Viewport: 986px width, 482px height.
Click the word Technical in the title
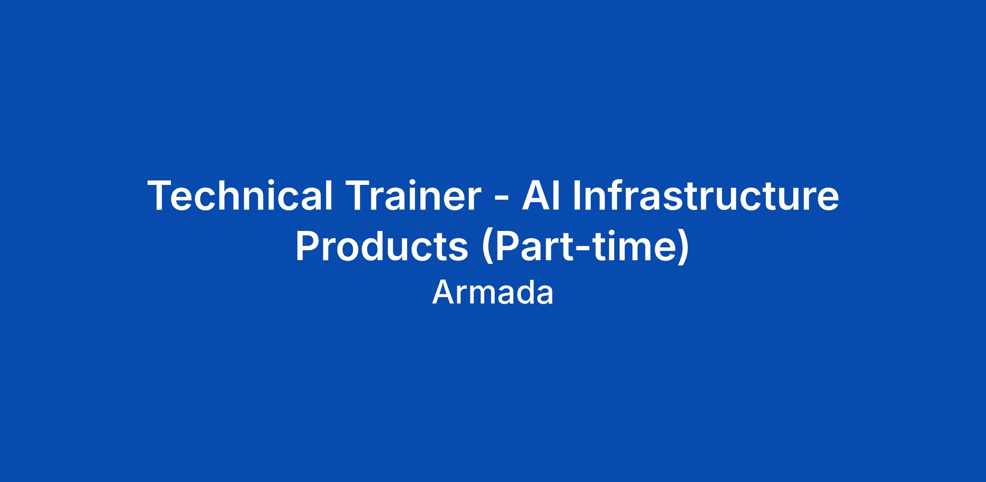tap(240, 196)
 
